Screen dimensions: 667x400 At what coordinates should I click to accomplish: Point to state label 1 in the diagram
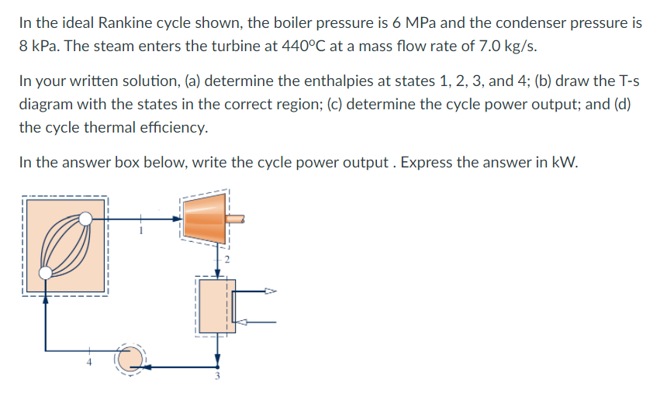coord(142,229)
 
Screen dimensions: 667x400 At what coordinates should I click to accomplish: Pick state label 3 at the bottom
coord(218,378)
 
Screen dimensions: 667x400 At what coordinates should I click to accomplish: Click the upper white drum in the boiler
coord(86,219)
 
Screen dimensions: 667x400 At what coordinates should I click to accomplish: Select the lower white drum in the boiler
coord(47,272)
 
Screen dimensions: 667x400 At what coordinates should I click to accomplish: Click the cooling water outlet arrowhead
coord(271,292)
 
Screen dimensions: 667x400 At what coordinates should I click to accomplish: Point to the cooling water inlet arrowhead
coord(240,322)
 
